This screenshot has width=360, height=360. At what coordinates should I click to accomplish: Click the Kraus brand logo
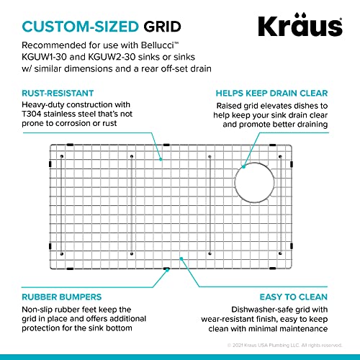pos(300,27)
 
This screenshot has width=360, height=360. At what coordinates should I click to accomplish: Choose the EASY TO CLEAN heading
pos(295,297)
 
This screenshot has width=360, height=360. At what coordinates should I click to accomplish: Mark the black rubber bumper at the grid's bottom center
pos(166,269)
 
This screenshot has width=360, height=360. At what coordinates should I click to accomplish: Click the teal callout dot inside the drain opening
pos(244,168)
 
